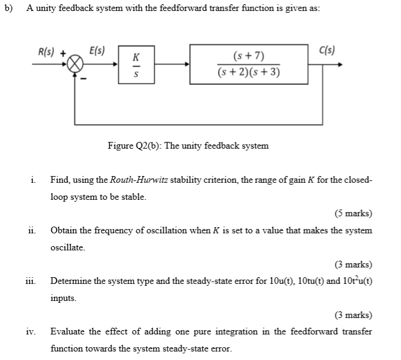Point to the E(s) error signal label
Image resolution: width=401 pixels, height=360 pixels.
(96, 51)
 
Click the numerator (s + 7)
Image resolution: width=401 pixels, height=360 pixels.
(248, 57)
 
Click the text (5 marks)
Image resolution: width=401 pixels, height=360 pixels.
(353, 213)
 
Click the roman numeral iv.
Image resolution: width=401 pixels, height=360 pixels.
(30, 332)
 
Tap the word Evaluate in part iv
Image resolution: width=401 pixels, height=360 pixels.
(68, 332)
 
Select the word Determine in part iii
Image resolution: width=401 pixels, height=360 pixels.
(72, 281)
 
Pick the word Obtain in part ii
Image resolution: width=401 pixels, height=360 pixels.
(63, 231)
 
